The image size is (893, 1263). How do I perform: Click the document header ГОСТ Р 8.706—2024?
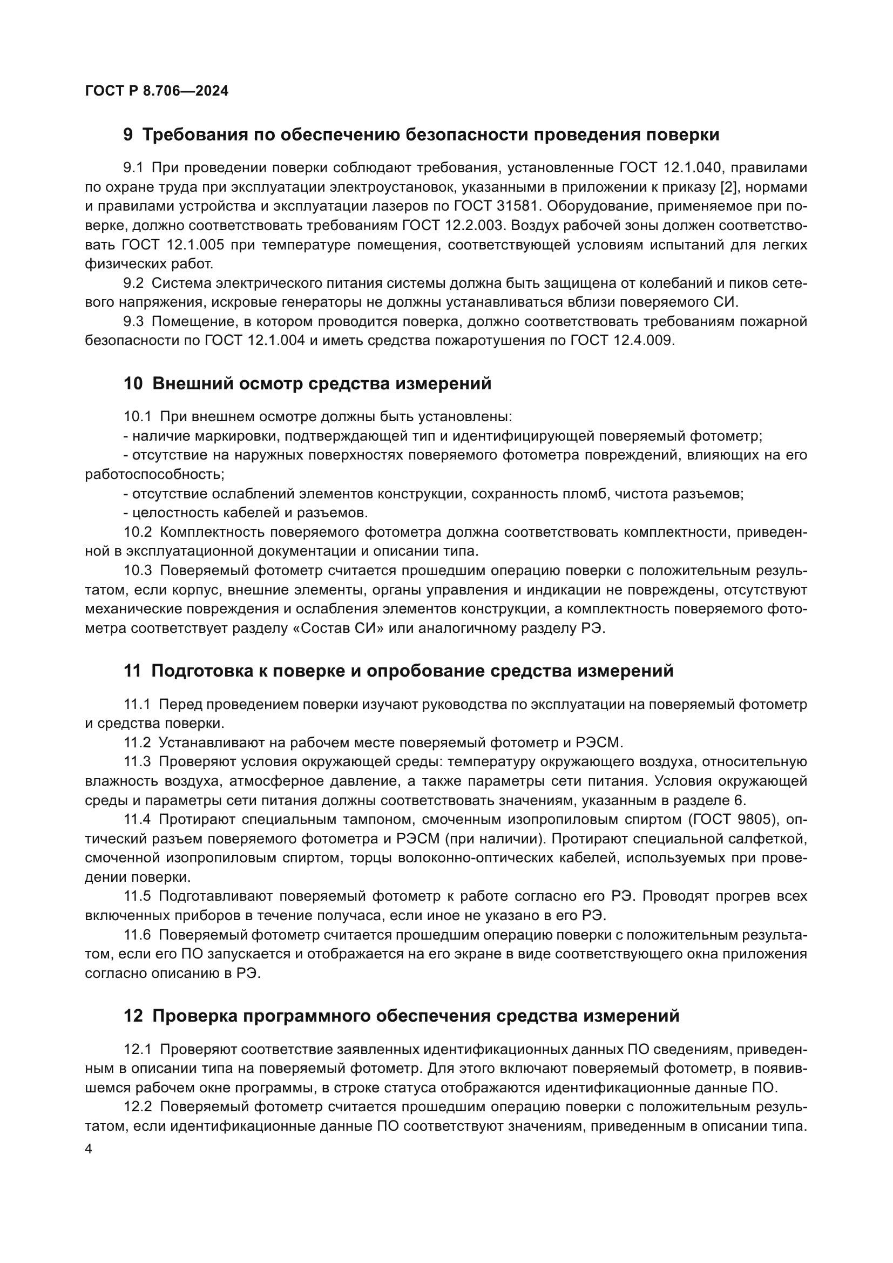point(157,91)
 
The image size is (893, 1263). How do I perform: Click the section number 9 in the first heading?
point(127,135)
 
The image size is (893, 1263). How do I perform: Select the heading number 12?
point(133,1016)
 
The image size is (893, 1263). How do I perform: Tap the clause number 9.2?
point(133,283)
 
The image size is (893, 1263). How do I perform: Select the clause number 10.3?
point(138,570)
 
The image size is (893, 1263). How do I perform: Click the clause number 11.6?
point(138,935)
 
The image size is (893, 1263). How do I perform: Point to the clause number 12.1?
point(138,1049)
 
